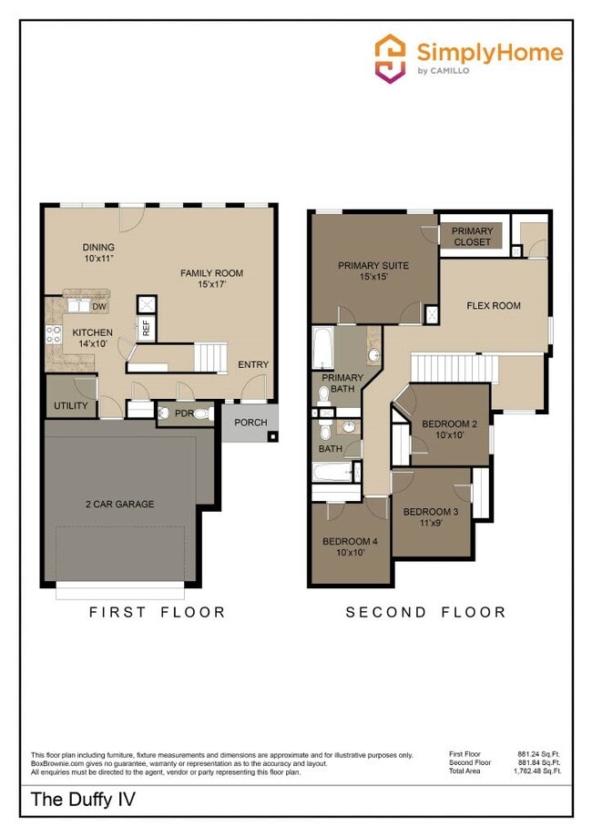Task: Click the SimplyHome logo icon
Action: tap(391, 58)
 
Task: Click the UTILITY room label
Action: tap(70, 405)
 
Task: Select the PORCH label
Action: tap(250, 423)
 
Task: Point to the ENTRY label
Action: tap(253, 364)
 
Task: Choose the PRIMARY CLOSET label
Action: tap(472, 237)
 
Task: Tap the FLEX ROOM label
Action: tap(494, 306)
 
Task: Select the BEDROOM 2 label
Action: tap(450, 429)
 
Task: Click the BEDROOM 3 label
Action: tap(431, 517)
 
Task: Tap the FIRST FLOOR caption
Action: tap(157, 612)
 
